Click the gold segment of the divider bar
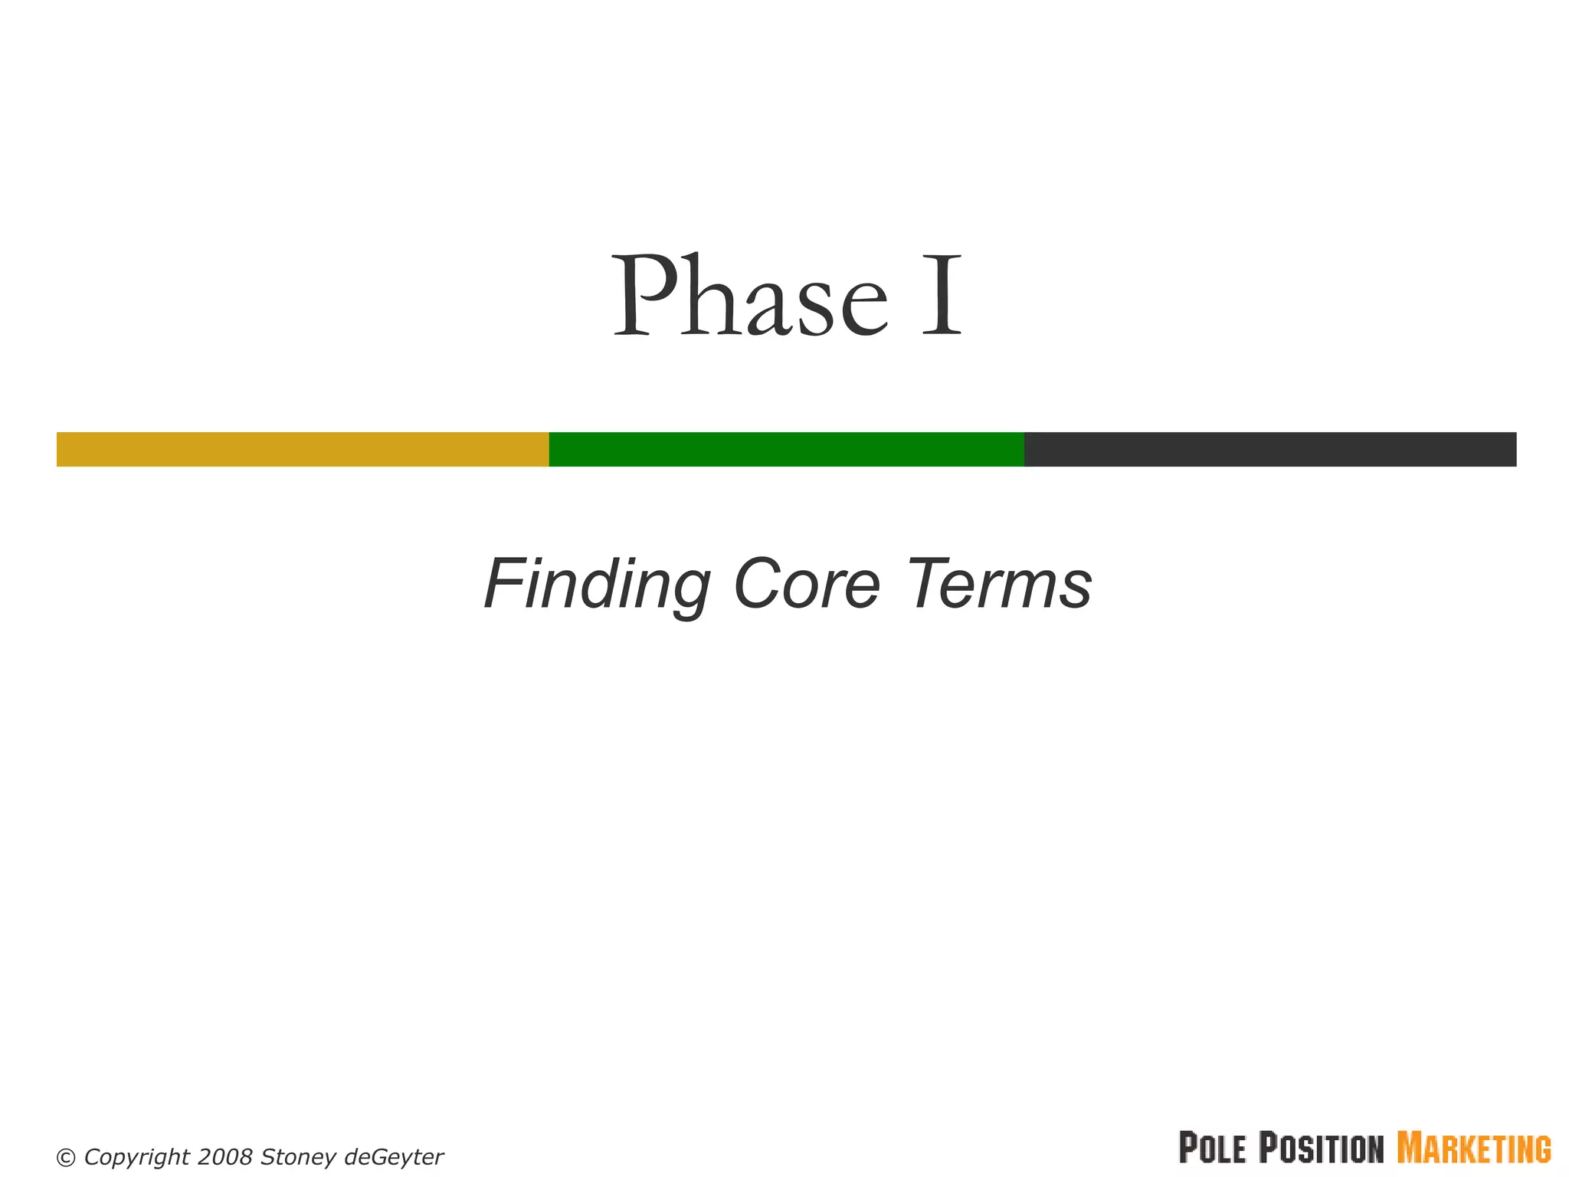pyautogui.click(x=303, y=449)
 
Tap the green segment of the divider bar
pyautogui.click(x=786, y=449)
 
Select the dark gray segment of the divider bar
pyautogui.click(x=1269, y=449)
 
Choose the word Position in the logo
pyautogui.click(x=1322, y=1148)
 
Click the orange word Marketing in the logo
pyautogui.click(x=1474, y=1148)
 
